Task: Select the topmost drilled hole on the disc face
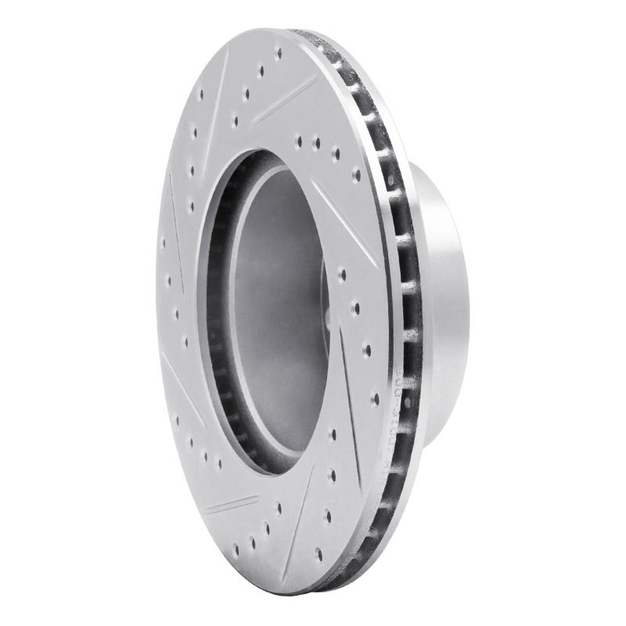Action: (279, 54)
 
